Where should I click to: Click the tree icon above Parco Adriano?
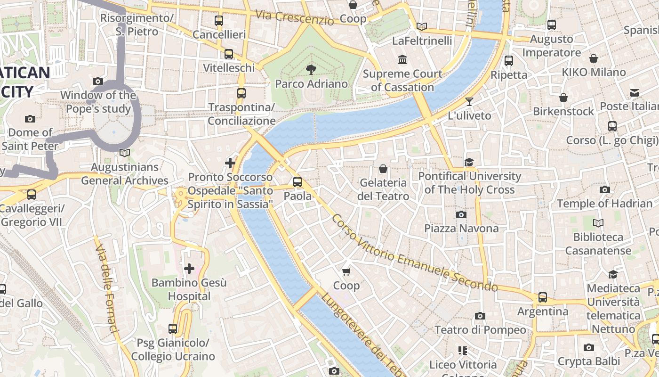coord(311,70)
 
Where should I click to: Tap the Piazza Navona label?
coord(461,229)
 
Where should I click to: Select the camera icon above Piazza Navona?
coord(461,215)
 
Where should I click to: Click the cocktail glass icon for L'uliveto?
coord(469,101)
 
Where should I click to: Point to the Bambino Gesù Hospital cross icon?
coord(189,269)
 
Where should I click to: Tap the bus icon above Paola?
coord(297,182)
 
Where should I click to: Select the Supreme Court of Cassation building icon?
coord(402,60)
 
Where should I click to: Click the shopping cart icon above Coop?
coord(346,271)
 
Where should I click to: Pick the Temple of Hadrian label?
coord(605,204)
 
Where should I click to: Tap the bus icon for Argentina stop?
coord(543,297)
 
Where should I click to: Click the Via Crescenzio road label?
coord(295,17)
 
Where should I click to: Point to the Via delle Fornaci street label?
coord(107,287)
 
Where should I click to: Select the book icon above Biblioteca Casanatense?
coord(598,223)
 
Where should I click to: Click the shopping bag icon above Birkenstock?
coord(563,98)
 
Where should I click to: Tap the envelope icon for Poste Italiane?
coord(635,93)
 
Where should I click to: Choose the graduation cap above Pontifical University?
coord(469,163)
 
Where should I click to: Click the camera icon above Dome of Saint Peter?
coord(30,119)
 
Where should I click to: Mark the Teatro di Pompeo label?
coord(480,330)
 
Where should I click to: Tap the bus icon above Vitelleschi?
coord(229,54)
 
